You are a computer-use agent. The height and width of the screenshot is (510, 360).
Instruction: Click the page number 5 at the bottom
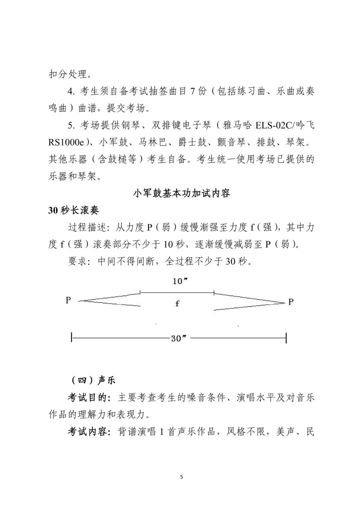[x=181, y=477]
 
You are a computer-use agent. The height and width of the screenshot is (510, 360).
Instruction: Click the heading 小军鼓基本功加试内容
[x=181, y=193]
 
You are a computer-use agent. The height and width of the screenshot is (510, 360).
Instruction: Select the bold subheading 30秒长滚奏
[x=74, y=210]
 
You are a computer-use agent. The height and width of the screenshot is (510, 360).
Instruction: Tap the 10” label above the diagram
[x=180, y=281]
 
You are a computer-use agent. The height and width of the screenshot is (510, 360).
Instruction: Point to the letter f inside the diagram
[x=177, y=304]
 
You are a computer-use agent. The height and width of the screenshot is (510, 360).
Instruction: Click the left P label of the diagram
[x=68, y=300]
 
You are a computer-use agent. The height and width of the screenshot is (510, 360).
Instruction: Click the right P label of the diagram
[x=291, y=302]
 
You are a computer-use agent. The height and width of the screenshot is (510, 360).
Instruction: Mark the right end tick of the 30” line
[x=286, y=338]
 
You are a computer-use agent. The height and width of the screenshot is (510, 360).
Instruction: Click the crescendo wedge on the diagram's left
[x=110, y=299]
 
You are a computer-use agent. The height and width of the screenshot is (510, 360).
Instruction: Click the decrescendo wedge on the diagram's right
[x=248, y=302]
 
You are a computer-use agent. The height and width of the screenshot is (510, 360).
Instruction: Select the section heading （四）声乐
[x=92, y=380]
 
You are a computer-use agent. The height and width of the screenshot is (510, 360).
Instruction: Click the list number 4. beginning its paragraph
[x=71, y=91]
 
